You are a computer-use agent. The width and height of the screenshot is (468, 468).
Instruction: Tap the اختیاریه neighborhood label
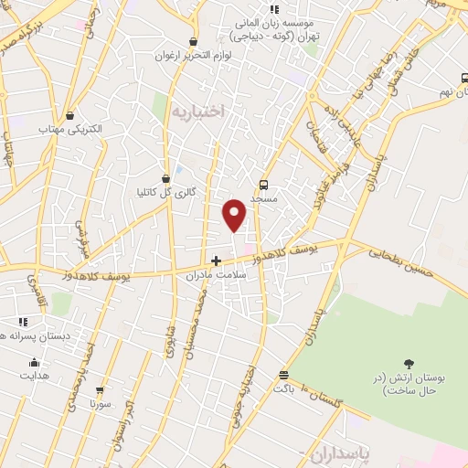pos(197,110)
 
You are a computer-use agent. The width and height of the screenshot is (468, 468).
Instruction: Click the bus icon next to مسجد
pos(264,181)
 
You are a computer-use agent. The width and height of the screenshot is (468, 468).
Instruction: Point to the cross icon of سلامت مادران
pos(216,261)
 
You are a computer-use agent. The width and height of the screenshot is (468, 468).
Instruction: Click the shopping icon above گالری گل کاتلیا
pos(165,178)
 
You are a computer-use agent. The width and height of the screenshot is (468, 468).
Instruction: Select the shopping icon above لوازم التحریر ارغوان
pos(193,41)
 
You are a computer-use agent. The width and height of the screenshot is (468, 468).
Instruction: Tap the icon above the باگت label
pos(283,375)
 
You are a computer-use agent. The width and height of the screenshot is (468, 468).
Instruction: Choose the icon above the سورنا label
pos(101,389)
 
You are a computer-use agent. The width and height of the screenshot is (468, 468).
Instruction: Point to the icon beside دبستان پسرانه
pos(22,322)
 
